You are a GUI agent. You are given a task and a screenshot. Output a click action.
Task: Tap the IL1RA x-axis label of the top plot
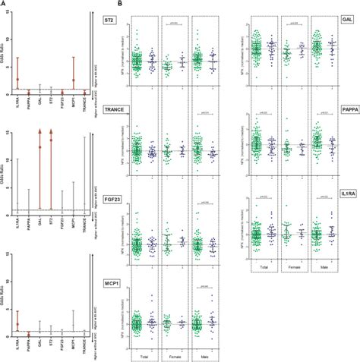[17, 105]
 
